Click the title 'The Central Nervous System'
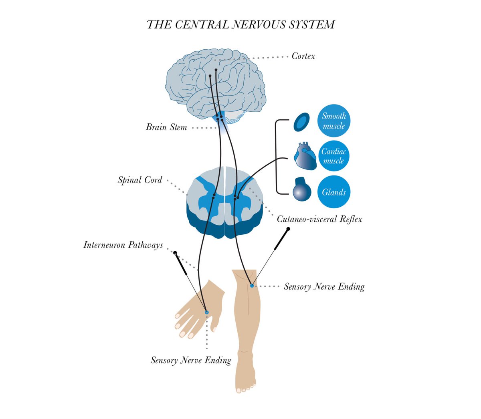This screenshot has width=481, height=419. click(240, 25)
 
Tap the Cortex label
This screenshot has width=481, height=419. click(303, 56)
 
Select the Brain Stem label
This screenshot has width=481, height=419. click(166, 127)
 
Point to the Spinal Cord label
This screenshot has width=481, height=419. click(140, 180)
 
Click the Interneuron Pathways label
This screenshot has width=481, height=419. click(123, 245)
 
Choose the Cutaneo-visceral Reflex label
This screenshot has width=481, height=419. click(319, 219)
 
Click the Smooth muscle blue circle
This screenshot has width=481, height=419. click(334, 121)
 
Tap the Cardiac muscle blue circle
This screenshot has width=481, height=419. click(333, 156)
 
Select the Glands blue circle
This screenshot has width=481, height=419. click(333, 192)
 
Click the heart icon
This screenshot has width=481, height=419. click(305, 156)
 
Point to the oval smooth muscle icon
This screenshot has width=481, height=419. click(301, 122)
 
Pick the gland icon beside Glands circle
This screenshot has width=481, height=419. click(302, 189)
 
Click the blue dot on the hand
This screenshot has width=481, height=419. click(207, 312)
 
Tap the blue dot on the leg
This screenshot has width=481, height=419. click(252, 286)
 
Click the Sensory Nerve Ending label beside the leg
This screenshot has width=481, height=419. click(324, 286)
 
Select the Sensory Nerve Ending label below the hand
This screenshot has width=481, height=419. click(191, 360)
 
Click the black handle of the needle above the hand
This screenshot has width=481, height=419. click(180, 263)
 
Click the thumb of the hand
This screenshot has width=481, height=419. click(214, 324)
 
